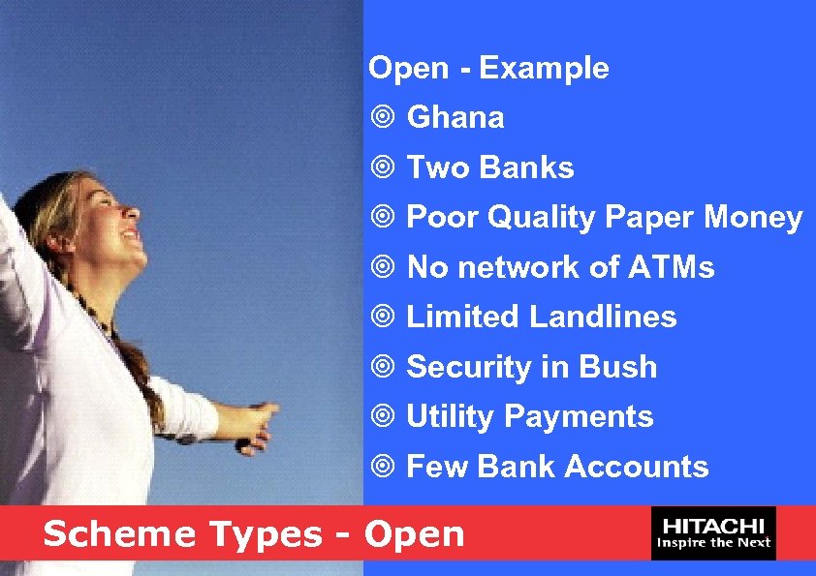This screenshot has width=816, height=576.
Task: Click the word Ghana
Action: coord(455,118)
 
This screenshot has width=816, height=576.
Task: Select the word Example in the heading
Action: coord(544,69)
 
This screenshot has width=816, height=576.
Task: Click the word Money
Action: coord(753,219)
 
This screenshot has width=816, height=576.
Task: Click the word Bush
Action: coord(617,368)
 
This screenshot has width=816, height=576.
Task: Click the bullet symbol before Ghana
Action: coord(384,119)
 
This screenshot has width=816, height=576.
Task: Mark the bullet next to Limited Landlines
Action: coord(384,318)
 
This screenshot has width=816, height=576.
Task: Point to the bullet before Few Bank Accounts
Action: coord(384,468)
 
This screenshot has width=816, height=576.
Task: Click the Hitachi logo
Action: coord(714,532)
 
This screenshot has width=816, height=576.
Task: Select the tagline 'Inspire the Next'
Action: coord(714,543)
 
